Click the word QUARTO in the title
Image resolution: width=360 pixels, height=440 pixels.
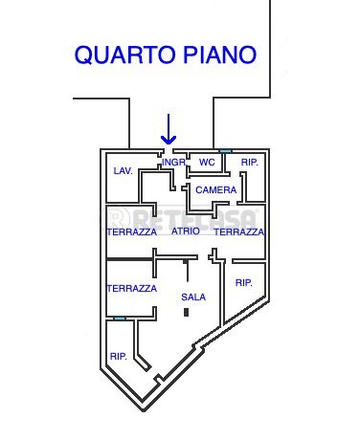point(121,55)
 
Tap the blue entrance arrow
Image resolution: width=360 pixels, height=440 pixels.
point(169,130)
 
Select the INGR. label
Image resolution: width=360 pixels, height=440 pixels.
point(173,163)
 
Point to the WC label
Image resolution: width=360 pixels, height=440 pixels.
point(207,163)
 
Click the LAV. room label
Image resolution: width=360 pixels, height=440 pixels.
point(123,170)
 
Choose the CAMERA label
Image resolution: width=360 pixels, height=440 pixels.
point(215,190)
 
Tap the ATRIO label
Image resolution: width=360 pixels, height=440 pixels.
point(186,231)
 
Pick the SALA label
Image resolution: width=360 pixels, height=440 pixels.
point(193,297)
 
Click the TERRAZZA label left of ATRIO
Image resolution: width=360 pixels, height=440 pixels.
point(131,232)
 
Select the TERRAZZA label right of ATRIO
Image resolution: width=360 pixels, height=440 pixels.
point(239,232)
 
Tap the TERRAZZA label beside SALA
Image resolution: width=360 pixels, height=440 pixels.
point(131,288)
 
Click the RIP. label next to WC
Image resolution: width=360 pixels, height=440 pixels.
point(250,163)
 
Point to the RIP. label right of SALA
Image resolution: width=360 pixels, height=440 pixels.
point(244,282)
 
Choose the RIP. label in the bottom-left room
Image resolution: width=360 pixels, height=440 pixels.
point(119,356)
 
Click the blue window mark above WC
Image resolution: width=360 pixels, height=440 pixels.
point(226,150)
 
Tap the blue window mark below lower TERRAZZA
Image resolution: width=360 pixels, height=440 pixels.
point(119,319)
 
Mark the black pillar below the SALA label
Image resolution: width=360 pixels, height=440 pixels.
point(188,312)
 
